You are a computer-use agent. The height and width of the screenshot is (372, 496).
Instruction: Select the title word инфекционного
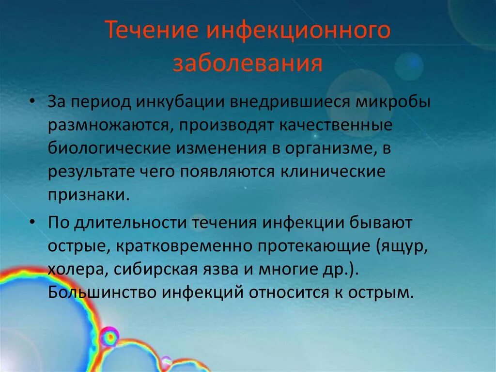[299, 32]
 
